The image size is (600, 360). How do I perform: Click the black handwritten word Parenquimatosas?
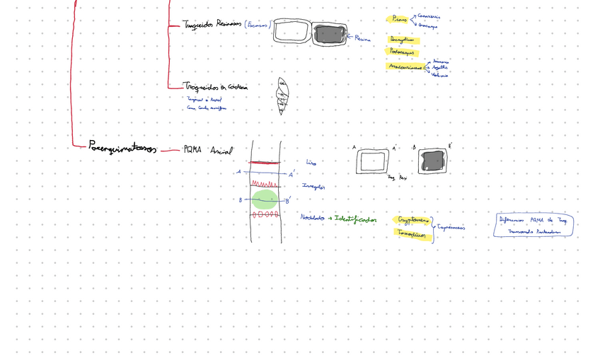click(x=123, y=147)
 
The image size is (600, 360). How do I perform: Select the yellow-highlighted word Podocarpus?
click(x=402, y=52)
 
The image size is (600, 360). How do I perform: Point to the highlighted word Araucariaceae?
click(x=405, y=66)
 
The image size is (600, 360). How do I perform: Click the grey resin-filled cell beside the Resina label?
click(x=329, y=33)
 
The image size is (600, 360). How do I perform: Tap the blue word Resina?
click(x=362, y=39)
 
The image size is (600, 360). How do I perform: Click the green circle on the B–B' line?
click(x=265, y=199)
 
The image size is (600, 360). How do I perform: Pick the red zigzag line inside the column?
click(x=264, y=184)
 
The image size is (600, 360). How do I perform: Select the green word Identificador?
click(x=356, y=220)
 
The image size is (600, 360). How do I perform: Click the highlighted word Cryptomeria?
click(x=413, y=220)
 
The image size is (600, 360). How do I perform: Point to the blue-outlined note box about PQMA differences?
click(x=533, y=225)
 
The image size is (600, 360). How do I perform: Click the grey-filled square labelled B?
click(x=432, y=161)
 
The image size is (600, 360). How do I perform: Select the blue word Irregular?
click(x=313, y=187)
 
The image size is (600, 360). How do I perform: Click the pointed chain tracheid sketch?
click(x=282, y=95)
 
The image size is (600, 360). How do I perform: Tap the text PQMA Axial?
click(x=207, y=150)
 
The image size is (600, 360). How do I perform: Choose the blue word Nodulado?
click(x=312, y=218)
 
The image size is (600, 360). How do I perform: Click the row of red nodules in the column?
click(x=265, y=214)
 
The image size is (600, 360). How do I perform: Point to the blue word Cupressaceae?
click(x=451, y=228)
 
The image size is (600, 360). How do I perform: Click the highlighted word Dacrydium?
click(x=402, y=40)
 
